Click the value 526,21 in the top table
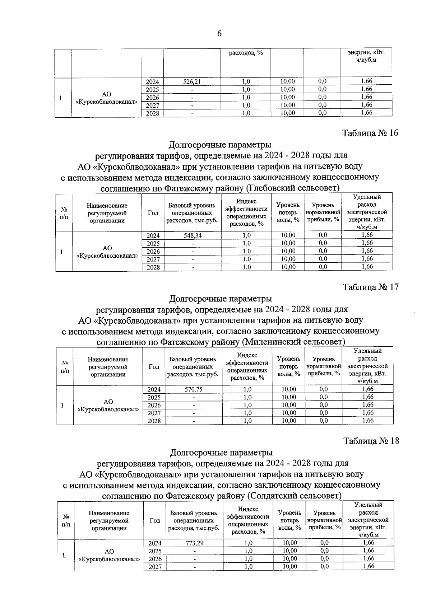(x=192, y=82)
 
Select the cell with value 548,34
(x=193, y=235)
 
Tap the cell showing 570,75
(x=193, y=389)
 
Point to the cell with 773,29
(x=194, y=543)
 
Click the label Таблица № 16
(x=370, y=133)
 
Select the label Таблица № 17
(x=371, y=287)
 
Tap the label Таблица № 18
(x=371, y=441)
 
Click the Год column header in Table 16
(x=153, y=213)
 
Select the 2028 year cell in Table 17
(x=154, y=421)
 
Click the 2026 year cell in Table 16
(x=153, y=251)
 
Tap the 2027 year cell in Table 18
(x=155, y=567)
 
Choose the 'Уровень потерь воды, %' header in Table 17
(x=289, y=366)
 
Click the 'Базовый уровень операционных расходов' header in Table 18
(x=194, y=520)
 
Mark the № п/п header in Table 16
(x=64, y=213)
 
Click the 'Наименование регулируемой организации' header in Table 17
(x=108, y=366)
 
